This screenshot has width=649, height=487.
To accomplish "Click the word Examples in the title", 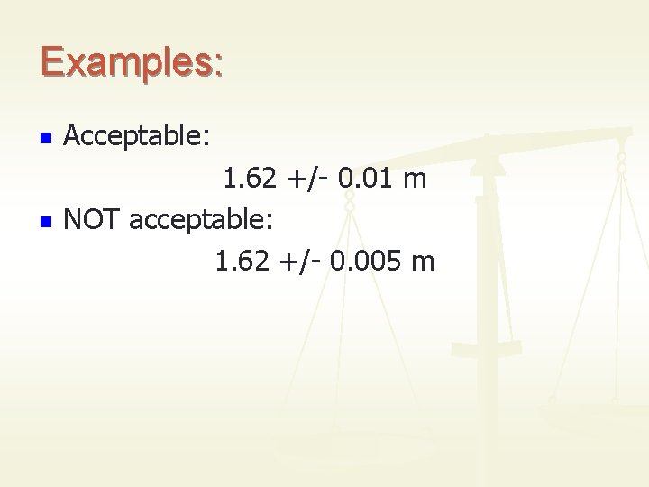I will pos(124,62).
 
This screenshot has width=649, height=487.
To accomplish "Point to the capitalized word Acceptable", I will pos(135,139).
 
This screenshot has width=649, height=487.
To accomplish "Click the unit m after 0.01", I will pos(415,182).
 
